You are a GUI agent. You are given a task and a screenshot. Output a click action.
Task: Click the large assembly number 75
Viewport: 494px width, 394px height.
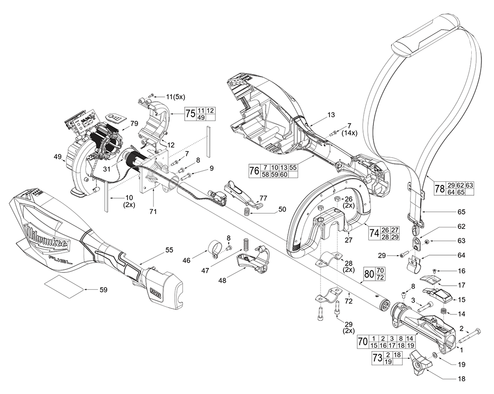tap(190, 113)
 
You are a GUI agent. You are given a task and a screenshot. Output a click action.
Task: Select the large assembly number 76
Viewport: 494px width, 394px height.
tap(254, 171)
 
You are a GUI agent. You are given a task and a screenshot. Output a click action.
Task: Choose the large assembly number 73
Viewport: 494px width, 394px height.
tap(377, 358)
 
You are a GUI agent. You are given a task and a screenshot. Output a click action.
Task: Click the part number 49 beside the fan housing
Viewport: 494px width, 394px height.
tap(58, 157)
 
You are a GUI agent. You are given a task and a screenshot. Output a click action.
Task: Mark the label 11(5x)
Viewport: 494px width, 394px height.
tap(162, 94)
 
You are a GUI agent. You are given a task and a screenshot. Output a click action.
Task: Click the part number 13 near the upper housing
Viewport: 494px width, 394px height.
tap(330, 115)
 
